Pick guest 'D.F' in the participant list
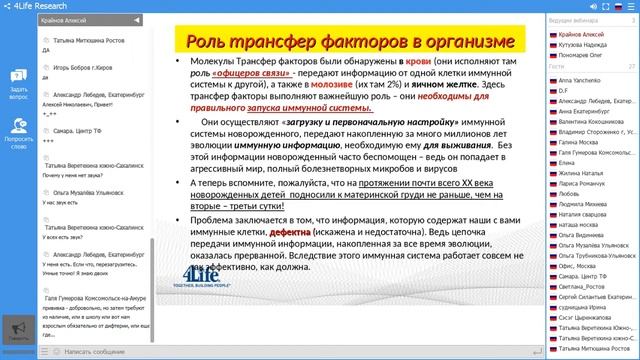click(x=566, y=90)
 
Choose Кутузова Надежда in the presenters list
click(x=586, y=44)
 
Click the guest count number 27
click(x=631, y=66)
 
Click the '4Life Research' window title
click(x=39, y=6)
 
